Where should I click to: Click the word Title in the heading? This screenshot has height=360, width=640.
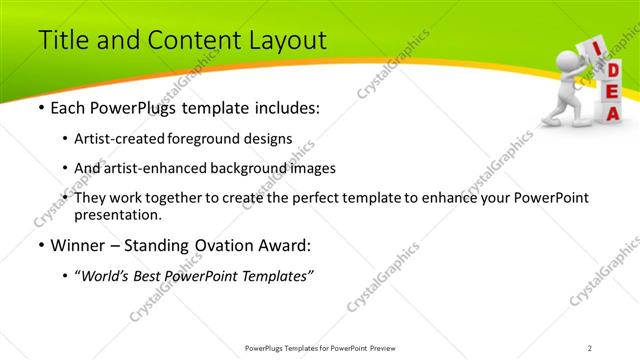(x=63, y=41)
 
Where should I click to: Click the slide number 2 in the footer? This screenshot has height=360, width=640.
(x=590, y=347)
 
